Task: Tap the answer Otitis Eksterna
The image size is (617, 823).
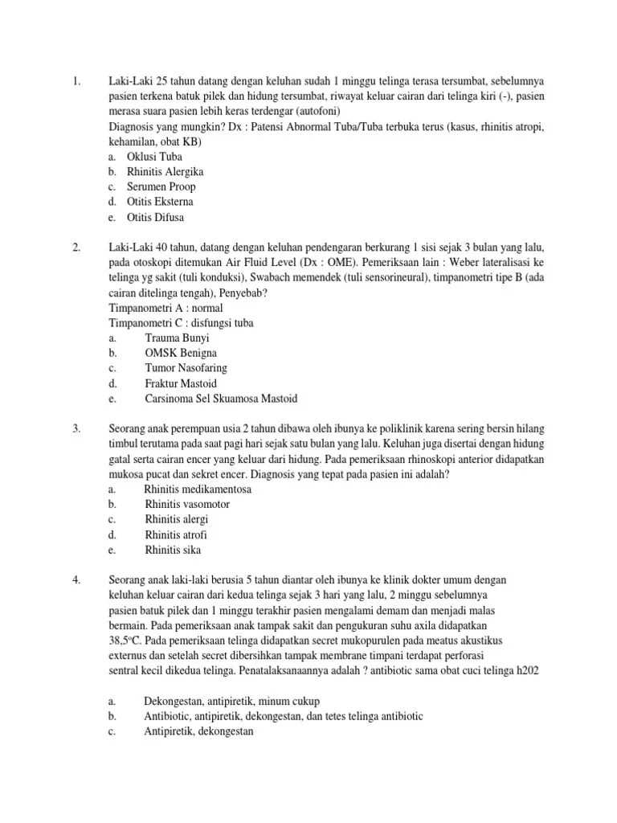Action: (x=160, y=202)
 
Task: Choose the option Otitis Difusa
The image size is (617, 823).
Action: (x=156, y=217)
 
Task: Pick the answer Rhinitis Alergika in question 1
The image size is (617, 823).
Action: (x=165, y=172)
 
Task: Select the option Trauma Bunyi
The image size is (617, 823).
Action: (x=178, y=338)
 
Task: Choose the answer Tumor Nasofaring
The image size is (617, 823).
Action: (x=186, y=368)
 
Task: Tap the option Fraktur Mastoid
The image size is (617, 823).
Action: (x=181, y=383)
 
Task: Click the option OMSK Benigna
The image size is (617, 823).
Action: (x=181, y=353)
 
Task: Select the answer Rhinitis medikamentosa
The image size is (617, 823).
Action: (x=197, y=489)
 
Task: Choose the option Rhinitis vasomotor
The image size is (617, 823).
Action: (x=187, y=505)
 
